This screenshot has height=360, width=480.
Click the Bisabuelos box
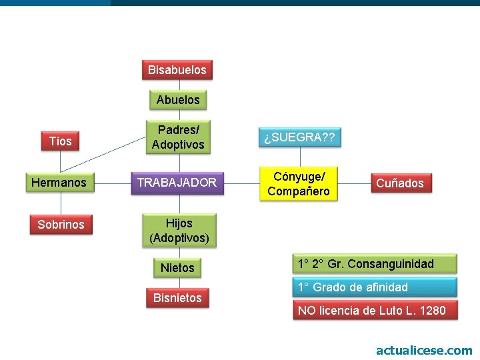point(177,69)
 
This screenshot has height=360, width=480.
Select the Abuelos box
point(178,100)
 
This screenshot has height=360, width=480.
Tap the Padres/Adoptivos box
point(178,137)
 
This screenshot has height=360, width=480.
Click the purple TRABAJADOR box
point(177,182)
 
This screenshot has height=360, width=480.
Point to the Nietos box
point(177,268)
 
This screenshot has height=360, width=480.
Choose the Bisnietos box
point(177,298)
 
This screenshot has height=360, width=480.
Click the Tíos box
point(61,141)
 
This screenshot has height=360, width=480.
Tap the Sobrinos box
point(61,225)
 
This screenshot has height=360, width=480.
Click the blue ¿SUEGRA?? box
point(299,138)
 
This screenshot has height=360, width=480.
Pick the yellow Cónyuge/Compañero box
point(299,183)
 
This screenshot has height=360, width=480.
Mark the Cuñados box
point(400,183)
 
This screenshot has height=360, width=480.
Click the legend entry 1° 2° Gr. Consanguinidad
point(375,264)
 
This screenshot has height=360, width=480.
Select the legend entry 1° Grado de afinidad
point(375,287)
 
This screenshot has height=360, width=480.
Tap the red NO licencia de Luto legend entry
point(375,310)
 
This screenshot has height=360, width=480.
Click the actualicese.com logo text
point(424,350)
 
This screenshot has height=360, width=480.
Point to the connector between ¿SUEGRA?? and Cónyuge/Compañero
point(300,157)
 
